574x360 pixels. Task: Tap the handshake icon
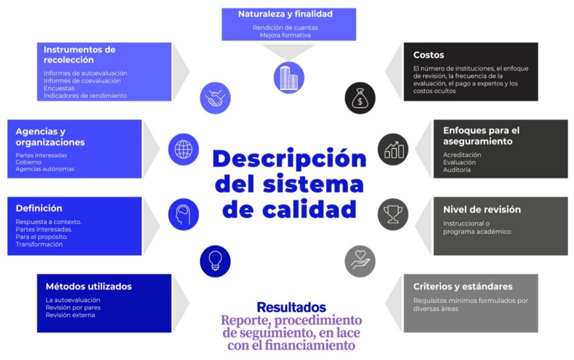coord(216,99)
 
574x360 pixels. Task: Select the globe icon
coord(183,149)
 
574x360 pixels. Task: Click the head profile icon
coord(183,214)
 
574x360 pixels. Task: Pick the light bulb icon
coord(216,260)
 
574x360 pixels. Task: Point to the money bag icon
coord(361,99)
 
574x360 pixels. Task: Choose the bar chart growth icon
coord(393,149)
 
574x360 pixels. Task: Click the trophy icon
coord(393,213)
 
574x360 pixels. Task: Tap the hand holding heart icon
coord(361,261)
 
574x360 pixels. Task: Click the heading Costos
coord(429,55)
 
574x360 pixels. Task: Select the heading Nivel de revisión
coord(482,210)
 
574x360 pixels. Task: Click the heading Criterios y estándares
coord(463,286)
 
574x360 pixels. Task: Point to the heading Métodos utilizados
coord(89,286)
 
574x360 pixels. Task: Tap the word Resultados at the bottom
coord(291,307)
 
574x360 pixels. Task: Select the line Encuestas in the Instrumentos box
coord(59,88)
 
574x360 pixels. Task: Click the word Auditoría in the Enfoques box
coord(457,170)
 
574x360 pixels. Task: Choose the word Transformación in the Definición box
coord(39,244)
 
